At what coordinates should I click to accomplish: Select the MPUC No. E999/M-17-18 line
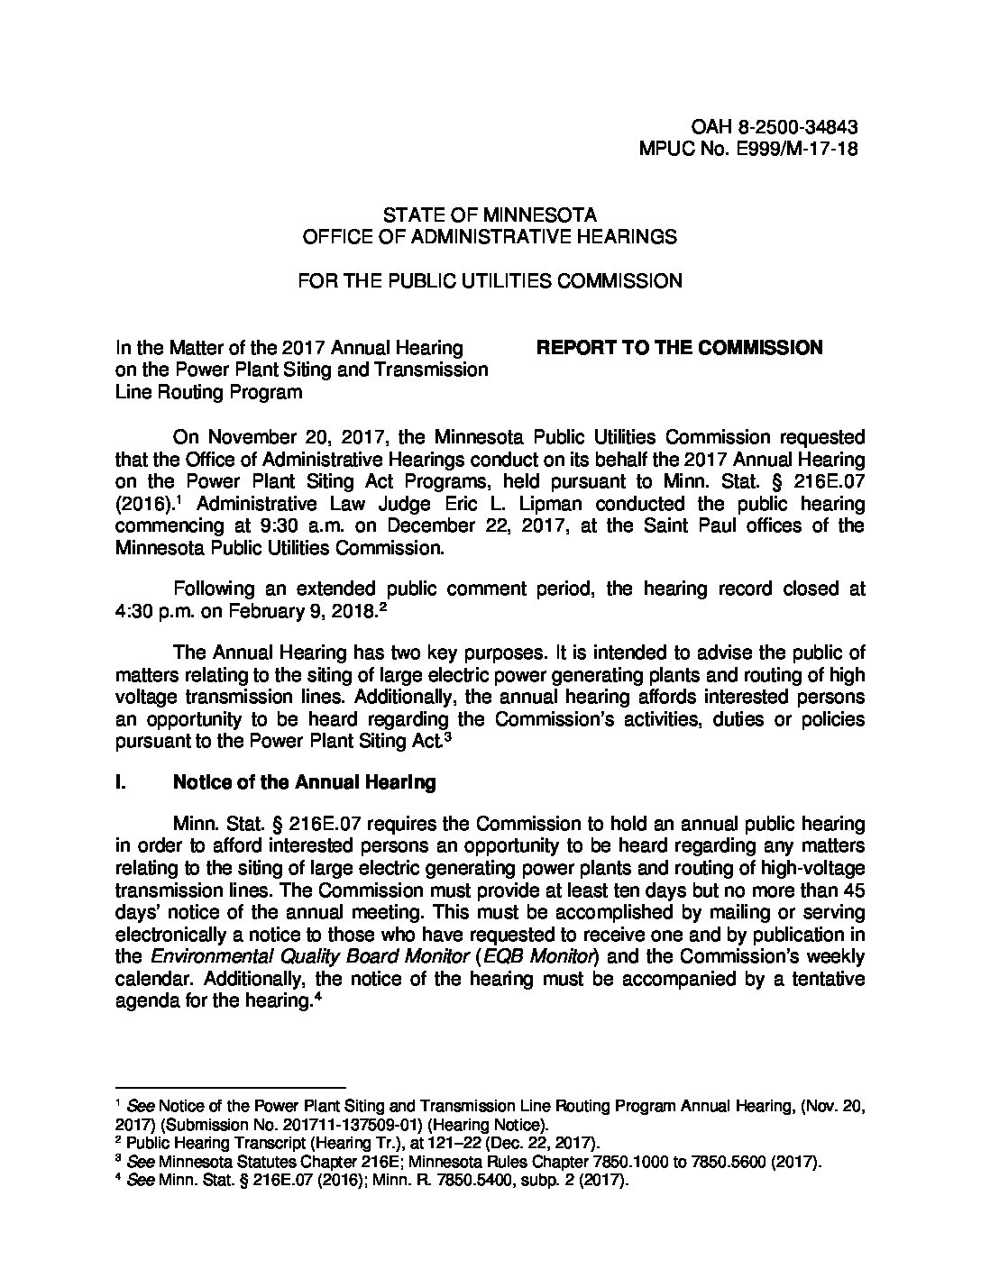click(747, 149)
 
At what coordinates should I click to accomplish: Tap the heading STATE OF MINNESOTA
click(490, 215)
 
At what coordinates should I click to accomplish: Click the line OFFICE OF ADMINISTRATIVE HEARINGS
click(490, 237)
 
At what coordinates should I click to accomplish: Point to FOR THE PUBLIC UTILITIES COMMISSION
click(490, 281)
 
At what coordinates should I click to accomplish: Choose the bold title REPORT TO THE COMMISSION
click(679, 348)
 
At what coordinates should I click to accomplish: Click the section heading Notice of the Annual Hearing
click(304, 782)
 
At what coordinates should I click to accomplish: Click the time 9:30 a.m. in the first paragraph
click(261, 525)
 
